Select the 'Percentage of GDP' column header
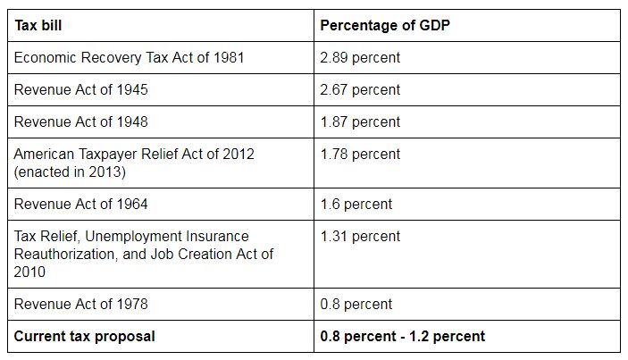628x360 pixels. tap(385, 25)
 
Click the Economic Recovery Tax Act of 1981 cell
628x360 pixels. tap(129, 58)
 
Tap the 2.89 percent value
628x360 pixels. tap(360, 58)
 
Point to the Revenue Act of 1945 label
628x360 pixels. tap(81, 90)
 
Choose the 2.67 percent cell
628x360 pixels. tap(360, 90)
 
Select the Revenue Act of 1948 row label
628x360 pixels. tap(81, 122)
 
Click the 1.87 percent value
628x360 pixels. tap(360, 122)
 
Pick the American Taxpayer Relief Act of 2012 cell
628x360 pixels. tap(134, 155)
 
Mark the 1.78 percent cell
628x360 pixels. tap(360, 155)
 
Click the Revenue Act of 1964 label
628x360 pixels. tap(81, 204)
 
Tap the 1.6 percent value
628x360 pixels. tap(356, 204)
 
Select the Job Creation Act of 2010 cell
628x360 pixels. tap(143, 254)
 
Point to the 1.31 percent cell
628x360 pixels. tap(360, 237)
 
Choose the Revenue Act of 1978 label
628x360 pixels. tap(81, 304)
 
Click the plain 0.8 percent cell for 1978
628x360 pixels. tap(356, 304)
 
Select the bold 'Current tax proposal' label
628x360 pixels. tap(84, 337)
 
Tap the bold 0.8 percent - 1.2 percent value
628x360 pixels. tap(403, 337)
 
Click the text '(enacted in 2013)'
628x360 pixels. tap(69, 171)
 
